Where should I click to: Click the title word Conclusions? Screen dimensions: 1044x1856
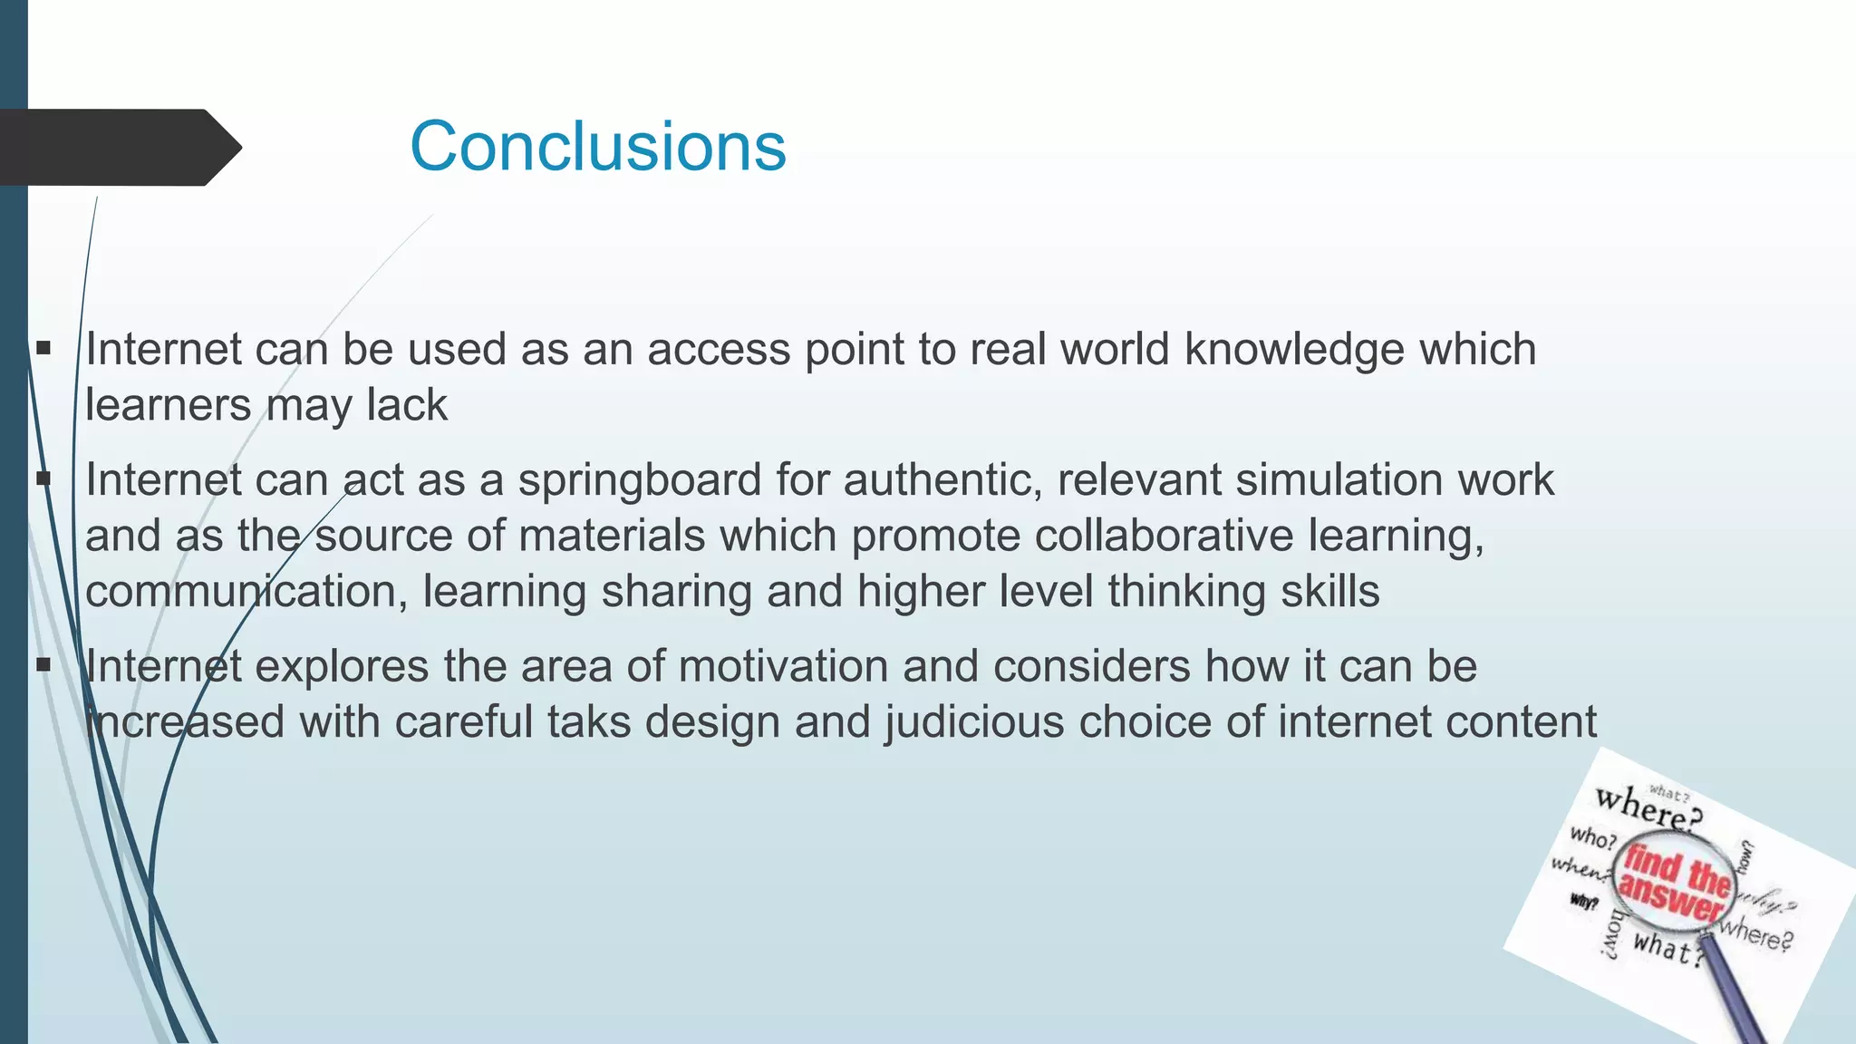coord(598,146)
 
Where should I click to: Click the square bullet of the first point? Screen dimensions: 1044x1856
coord(43,348)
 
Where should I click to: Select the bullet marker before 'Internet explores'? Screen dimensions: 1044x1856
coord(43,666)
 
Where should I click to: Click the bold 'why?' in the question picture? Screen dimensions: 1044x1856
coord(1584,902)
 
